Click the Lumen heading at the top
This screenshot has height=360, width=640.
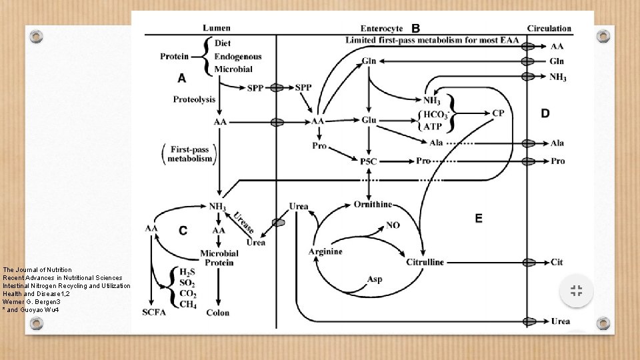(217, 28)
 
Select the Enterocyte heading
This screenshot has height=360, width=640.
(381, 29)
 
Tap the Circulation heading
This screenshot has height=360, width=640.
(549, 29)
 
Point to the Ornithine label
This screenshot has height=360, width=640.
(373, 204)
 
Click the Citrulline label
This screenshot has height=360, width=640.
(425, 262)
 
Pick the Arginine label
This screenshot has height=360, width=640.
(325, 251)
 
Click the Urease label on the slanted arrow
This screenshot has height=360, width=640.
(243, 222)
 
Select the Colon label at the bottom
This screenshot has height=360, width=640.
(218, 313)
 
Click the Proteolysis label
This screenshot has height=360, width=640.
(194, 99)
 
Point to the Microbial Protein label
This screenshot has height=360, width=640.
(219, 258)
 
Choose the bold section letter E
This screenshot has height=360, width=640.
(479, 218)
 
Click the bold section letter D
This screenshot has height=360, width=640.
(545, 114)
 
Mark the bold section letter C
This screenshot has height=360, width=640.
(183, 230)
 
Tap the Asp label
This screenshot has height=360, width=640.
(375, 279)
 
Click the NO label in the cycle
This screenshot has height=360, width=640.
(393, 225)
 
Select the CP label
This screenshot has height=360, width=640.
(498, 113)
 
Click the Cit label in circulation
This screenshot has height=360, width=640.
(557, 263)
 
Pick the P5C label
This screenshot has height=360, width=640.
(369, 161)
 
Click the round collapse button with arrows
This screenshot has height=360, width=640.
(577, 291)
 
